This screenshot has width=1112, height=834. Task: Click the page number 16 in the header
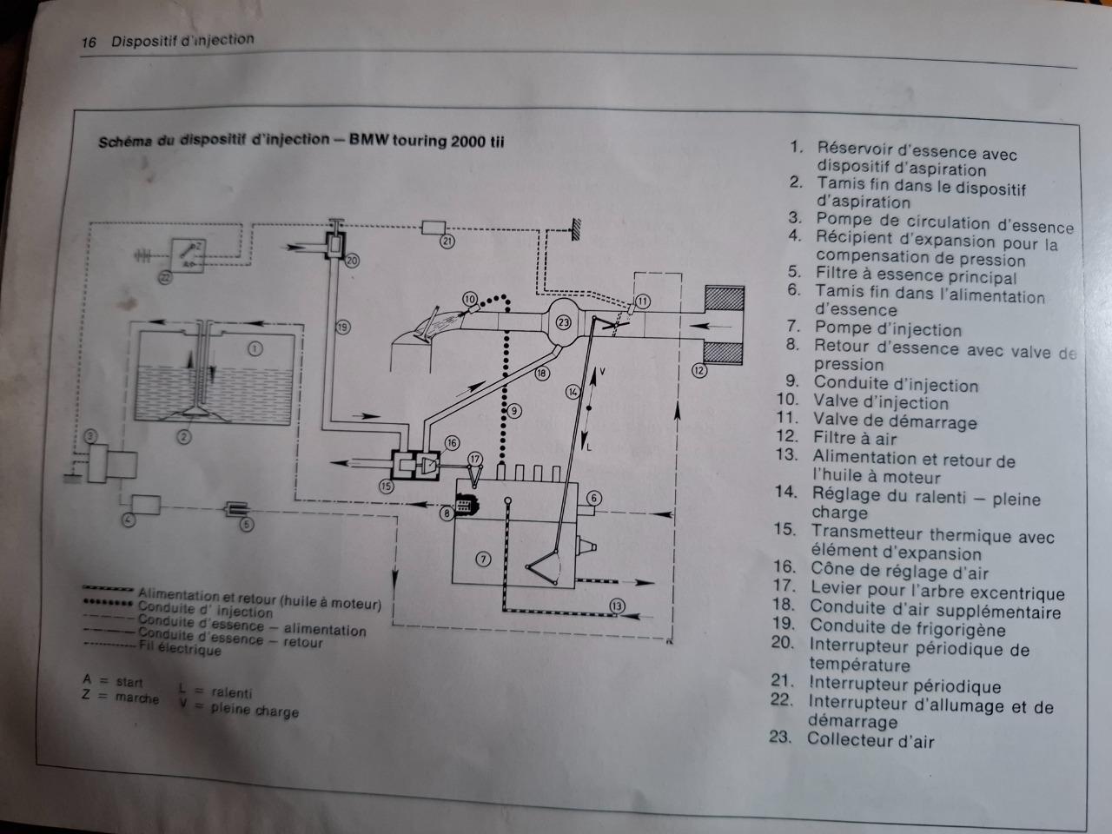[x=88, y=43]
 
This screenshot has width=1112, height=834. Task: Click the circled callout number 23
[x=565, y=322]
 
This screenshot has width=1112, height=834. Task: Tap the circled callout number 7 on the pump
[x=484, y=559]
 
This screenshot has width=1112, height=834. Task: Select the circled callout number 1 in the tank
[x=255, y=349]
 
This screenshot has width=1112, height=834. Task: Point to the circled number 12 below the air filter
[x=699, y=370]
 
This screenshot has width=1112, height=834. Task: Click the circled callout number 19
[x=342, y=327]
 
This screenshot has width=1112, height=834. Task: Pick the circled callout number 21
[x=447, y=241]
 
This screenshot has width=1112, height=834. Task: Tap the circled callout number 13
[x=617, y=606]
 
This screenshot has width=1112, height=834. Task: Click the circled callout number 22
[x=164, y=278]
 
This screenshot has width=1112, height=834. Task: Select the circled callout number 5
[x=247, y=524]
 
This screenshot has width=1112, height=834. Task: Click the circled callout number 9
[x=515, y=410]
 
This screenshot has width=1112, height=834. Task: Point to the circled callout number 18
[x=542, y=374]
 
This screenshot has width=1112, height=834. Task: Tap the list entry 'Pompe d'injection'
[x=888, y=330]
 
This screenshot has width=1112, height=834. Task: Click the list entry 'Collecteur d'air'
[x=870, y=740]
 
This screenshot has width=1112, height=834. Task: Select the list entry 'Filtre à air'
[x=855, y=439]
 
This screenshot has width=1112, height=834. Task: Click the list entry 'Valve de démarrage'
[x=895, y=422]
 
